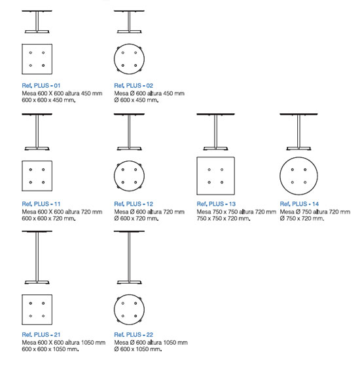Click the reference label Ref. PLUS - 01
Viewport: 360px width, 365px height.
tap(41, 85)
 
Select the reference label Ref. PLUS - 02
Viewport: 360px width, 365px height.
tap(134, 85)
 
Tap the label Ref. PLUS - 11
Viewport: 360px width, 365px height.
tap(41, 204)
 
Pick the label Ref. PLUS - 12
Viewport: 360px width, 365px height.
tap(134, 204)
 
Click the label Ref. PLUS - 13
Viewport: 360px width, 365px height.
tap(216, 204)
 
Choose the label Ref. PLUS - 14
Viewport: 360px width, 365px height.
tap(299, 204)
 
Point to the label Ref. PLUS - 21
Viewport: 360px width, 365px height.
tap(41, 334)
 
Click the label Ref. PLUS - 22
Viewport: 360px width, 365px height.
tap(134, 334)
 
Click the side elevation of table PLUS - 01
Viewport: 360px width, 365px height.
tap(37, 22)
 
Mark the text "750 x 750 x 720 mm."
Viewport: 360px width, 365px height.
tap(223, 219)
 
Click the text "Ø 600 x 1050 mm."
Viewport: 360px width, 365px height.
tap(138, 349)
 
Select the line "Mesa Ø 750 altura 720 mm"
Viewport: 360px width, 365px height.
tap(315, 212)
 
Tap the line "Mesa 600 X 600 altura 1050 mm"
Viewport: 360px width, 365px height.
tap(63, 343)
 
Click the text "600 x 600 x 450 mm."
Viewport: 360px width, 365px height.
tap(48, 100)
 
